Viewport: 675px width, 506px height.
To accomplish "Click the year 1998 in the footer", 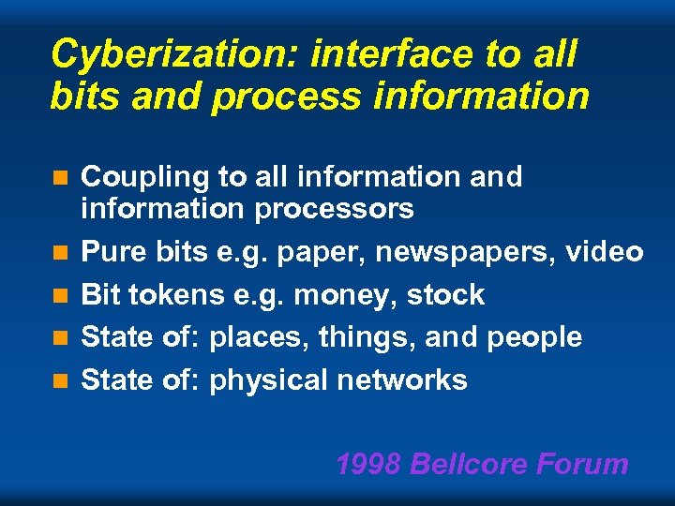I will pos(368,464).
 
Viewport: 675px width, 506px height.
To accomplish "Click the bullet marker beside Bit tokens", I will pos(61,295).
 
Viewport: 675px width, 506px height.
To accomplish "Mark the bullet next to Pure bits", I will pos(61,253).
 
